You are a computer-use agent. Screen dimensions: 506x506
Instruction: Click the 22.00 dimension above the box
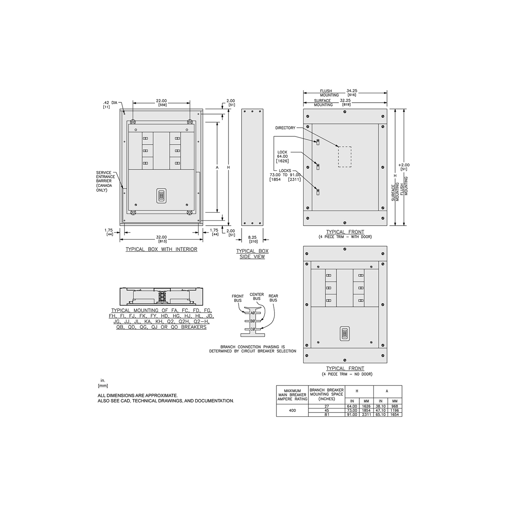161,101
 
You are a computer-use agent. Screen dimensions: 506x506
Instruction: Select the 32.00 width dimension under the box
161,237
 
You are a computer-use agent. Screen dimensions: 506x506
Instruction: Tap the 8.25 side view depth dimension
252,237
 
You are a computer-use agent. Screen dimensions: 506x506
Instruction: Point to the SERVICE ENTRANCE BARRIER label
105,181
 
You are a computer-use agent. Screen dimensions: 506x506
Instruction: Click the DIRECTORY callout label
285,128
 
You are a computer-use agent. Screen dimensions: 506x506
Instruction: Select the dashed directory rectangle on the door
345,157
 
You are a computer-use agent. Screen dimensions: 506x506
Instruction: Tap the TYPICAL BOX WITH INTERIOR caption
161,249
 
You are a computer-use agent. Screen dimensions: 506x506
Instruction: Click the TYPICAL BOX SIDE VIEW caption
252,254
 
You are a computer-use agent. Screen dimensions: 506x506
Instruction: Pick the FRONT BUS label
237,298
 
